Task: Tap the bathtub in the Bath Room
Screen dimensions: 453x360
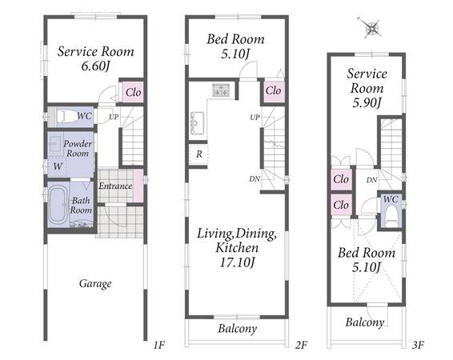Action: click(x=58, y=205)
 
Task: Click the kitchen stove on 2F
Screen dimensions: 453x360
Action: click(x=222, y=90)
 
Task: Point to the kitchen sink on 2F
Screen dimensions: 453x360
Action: click(x=197, y=123)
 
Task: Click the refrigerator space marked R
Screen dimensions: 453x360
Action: click(x=198, y=154)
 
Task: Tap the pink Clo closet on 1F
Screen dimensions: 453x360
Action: click(x=133, y=92)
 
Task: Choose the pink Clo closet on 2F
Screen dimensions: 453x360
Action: click(x=274, y=91)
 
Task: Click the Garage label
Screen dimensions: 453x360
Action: click(x=95, y=283)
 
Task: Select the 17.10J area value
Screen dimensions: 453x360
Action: click(x=238, y=262)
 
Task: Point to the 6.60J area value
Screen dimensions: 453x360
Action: click(x=95, y=66)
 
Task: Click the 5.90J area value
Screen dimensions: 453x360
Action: click(x=367, y=102)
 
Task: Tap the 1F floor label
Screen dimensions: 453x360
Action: click(x=159, y=345)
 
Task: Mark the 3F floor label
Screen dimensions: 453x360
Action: click(x=418, y=345)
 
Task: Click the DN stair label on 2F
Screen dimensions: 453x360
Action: click(x=255, y=179)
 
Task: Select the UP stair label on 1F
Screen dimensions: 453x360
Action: click(x=114, y=117)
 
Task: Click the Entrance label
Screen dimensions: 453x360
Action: click(x=115, y=186)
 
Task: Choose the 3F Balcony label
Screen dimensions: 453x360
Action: click(x=365, y=322)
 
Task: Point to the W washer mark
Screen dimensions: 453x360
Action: click(x=58, y=166)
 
